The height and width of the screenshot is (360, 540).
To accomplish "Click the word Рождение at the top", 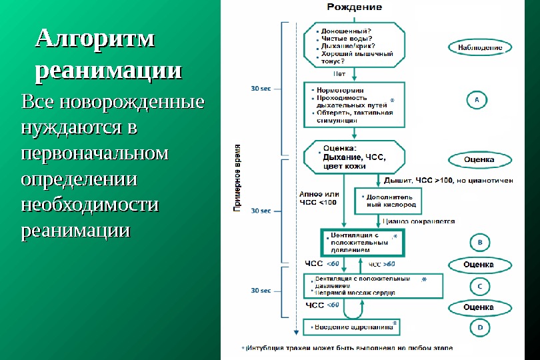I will point(354,7).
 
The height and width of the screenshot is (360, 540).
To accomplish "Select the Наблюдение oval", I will point(480,48).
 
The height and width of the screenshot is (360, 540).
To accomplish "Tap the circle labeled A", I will point(477,99).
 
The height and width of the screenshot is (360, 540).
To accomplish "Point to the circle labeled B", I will point(480,241).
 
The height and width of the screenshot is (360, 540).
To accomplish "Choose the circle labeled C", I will point(480,286).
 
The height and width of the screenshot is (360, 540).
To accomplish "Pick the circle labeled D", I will point(480,327).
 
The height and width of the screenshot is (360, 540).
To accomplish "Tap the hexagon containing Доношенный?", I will point(355,45).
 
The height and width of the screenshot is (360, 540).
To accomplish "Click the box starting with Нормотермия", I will point(355,104).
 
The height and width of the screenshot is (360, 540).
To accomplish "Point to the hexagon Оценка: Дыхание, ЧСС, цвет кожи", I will point(355,157).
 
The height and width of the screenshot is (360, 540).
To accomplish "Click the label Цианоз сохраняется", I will point(419,221).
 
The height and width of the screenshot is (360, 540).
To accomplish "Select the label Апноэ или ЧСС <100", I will point(319,198).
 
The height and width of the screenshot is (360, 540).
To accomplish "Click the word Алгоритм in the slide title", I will point(95,39).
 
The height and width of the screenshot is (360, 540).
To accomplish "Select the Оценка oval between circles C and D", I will point(479,307).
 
